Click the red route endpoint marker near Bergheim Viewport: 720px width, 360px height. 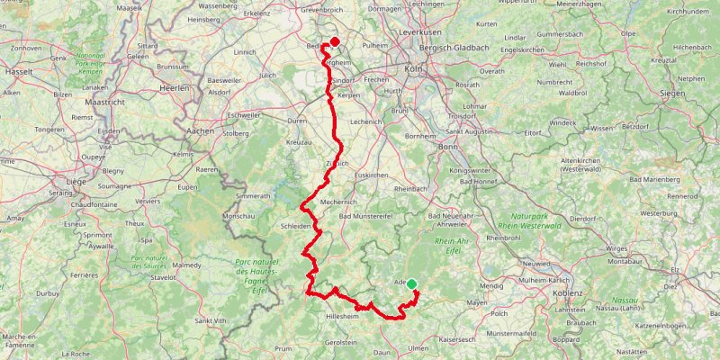click(335, 41)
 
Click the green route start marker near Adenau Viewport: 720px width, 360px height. click(411, 284)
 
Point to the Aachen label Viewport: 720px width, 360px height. click(199, 130)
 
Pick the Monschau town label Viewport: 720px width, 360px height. click(238, 217)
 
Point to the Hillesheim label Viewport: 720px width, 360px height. click(341, 318)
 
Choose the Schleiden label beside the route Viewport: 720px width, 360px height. click(298, 226)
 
